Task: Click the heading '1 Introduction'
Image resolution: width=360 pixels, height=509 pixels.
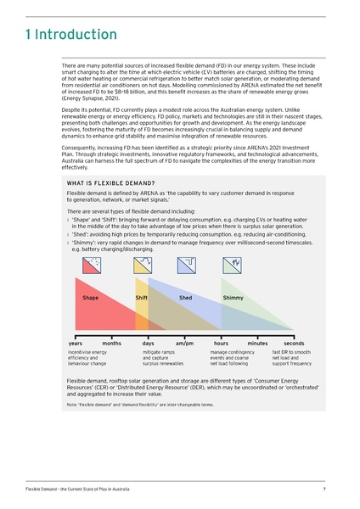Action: point(71,35)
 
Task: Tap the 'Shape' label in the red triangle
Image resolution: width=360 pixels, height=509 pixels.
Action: point(90,299)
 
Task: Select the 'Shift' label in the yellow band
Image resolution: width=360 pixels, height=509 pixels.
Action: point(143,299)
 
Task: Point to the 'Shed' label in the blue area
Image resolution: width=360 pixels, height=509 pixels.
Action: point(185,299)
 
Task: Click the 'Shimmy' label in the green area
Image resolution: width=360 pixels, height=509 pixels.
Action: point(233,299)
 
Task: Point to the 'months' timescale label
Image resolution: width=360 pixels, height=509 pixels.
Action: point(111,343)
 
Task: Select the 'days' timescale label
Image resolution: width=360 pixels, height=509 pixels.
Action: point(149,343)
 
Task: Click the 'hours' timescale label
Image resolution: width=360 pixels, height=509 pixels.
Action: point(221,343)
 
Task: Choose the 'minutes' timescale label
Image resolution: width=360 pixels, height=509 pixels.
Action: point(257,343)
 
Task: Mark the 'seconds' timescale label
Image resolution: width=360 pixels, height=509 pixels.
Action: point(294,343)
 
